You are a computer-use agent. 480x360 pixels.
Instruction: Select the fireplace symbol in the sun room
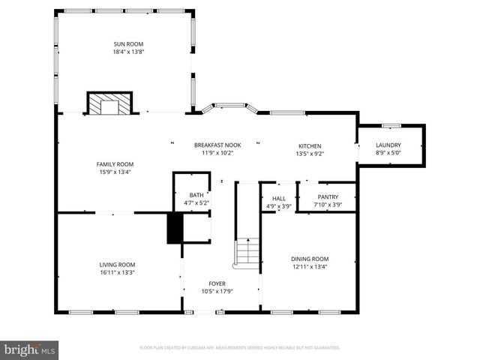pos(109,103)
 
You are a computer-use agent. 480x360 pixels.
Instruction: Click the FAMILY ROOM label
pos(115,164)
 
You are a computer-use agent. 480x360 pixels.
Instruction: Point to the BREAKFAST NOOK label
pos(217,145)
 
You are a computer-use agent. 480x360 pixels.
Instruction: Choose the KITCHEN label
pos(310,146)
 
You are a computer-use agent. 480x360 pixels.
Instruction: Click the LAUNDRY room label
pos(388,145)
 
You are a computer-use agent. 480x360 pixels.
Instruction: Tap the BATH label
pos(196,196)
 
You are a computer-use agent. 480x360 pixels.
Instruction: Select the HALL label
pos(278,199)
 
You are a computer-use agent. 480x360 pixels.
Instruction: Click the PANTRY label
pos(328,197)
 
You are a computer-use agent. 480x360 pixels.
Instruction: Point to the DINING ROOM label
pos(310,259)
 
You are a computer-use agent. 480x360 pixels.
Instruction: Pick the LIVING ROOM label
pos(117,264)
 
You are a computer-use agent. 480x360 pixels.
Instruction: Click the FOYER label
pos(217,283)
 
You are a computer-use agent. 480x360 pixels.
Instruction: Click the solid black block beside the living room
pos(175,228)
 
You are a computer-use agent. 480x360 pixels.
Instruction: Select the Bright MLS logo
pos(30,349)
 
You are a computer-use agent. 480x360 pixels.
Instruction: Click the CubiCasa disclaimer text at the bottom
pos(240,348)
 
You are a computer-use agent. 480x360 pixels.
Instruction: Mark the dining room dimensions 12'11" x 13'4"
pos(310,266)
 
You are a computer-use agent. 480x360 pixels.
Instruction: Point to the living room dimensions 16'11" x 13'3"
pos(117,272)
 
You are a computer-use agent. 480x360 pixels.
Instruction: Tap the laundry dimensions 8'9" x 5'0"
pos(388,153)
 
